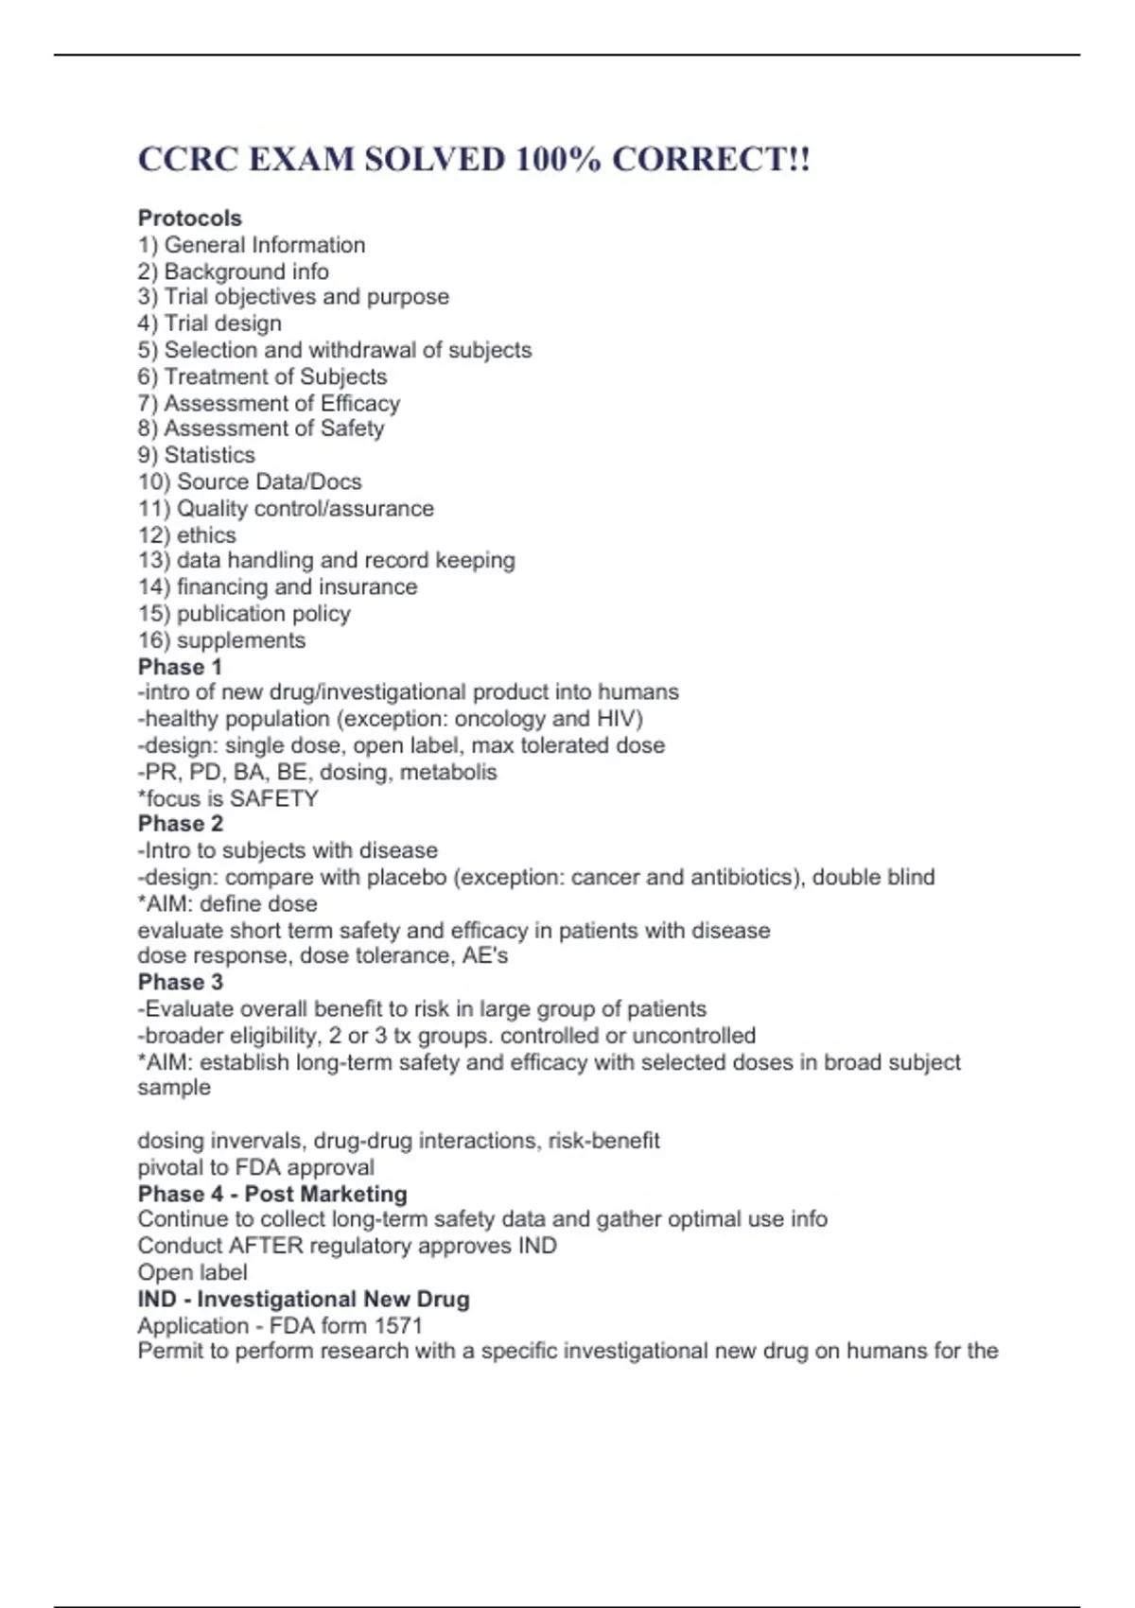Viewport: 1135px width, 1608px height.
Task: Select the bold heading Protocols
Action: [x=190, y=218]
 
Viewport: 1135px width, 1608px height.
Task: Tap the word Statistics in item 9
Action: [x=210, y=455]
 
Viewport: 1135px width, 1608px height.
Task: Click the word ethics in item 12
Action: [x=206, y=535]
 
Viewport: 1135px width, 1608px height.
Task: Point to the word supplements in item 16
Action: [x=241, y=640]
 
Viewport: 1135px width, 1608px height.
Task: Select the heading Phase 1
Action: [x=180, y=667]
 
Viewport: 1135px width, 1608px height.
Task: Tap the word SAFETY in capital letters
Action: [x=274, y=798]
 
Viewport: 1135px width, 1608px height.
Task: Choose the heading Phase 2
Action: [x=181, y=824]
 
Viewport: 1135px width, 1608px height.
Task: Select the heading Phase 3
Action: [x=181, y=983]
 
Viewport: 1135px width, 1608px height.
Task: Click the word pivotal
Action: [x=169, y=1167]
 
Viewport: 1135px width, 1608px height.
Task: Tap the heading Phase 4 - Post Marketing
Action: [x=272, y=1194]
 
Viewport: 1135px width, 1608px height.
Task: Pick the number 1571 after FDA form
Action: [x=398, y=1325]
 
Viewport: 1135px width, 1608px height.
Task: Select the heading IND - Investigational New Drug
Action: [x=304, y=1300]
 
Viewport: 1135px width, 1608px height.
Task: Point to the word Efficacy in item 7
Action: [x=360, y=403]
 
